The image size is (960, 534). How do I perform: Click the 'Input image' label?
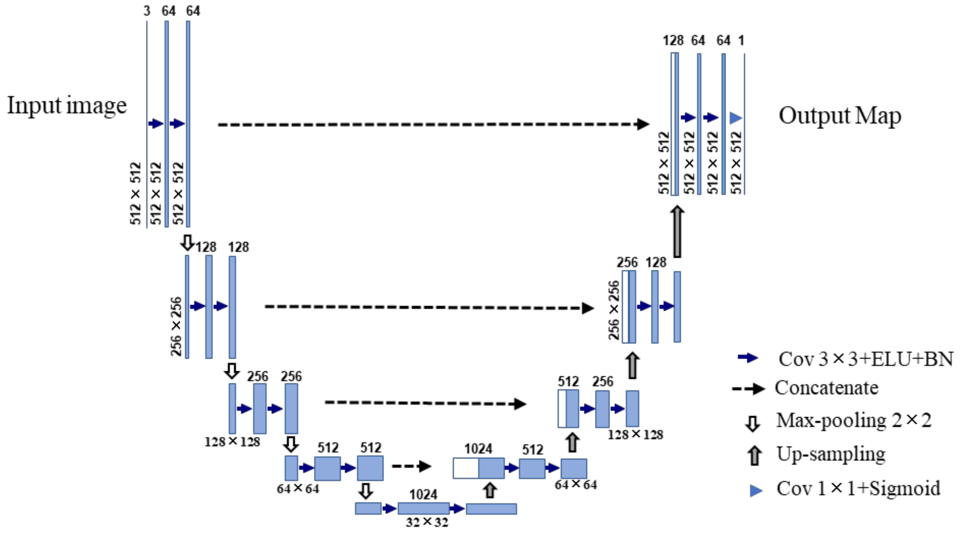pyautogui.click(x=67, y=106)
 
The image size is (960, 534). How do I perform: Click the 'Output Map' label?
pyautogui.click(x=840, y=116)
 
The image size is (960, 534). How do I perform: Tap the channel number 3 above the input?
pyautogui.click(x=147, y=11)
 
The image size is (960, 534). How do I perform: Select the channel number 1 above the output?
pyautogui.click(x=741, y=40)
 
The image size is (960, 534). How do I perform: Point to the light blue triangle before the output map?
pyautogui.click(x=735, y=118)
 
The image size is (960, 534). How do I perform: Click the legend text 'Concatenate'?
pyautogui.click(x=827, y=388)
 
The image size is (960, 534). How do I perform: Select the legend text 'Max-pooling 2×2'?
pyautogui.click(x=854, y=421)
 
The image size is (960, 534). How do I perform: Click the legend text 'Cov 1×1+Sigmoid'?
pyautogui.click(x=858, y=488)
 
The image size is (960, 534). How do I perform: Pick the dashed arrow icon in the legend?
pyautogui.click(x=748, y=389)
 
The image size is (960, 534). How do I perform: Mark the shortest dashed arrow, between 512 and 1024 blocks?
pyautogui.click(x=411, y=466)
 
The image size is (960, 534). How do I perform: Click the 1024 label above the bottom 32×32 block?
pyautogui.click(x=423, y=495)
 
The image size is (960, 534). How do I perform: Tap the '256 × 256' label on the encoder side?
pyautogui.click(x=176, y=326)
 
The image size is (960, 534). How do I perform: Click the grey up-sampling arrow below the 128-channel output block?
pyautogui.click(x=677, y=231)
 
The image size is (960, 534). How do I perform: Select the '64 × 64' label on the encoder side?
pyautogui.click(x=298, y=488)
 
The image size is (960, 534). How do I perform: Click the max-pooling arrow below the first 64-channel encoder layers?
pyautogui.click(x=187, y=243)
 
